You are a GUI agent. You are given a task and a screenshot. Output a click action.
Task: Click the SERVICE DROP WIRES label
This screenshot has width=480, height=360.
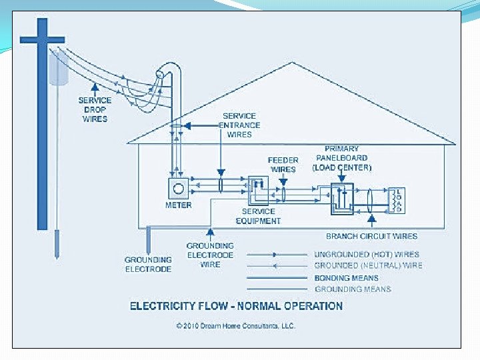coord(95,109)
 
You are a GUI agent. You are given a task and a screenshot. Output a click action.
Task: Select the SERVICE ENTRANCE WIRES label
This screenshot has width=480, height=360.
coord(239,125)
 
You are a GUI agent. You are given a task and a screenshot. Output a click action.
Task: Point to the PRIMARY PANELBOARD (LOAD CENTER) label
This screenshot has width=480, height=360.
coord(342,159)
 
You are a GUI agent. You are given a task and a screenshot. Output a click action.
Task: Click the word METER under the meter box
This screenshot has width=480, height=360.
coord(179,205)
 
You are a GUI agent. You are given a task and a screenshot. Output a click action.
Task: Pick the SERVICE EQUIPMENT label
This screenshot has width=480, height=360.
coord(257,216)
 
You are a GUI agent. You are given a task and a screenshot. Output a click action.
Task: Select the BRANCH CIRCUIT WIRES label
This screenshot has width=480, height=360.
coord(371,236)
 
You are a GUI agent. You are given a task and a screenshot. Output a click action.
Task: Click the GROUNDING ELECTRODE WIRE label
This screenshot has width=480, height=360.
coord(210,255)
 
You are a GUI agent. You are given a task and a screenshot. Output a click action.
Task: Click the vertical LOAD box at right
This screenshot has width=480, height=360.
coord(397,199)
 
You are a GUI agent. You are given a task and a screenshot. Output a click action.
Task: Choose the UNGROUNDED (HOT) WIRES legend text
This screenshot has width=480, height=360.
coord(367,254)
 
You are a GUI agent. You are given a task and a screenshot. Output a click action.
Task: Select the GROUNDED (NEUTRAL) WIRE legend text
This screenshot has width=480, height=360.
coord(368,265)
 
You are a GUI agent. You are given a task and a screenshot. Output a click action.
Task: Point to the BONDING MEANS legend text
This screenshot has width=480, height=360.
coord(347,277)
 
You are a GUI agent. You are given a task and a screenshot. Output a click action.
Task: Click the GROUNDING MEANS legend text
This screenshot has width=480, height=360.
coord(353,289)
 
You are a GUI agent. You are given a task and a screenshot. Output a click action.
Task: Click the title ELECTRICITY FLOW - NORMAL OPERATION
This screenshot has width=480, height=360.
coord(236,307)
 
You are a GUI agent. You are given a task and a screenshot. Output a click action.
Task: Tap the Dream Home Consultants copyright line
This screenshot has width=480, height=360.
coord(236,326)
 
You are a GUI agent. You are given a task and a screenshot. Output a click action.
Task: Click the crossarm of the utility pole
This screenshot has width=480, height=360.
coord(42,39)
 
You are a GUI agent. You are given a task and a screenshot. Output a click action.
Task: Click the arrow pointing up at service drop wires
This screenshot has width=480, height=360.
coord(95,87)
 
